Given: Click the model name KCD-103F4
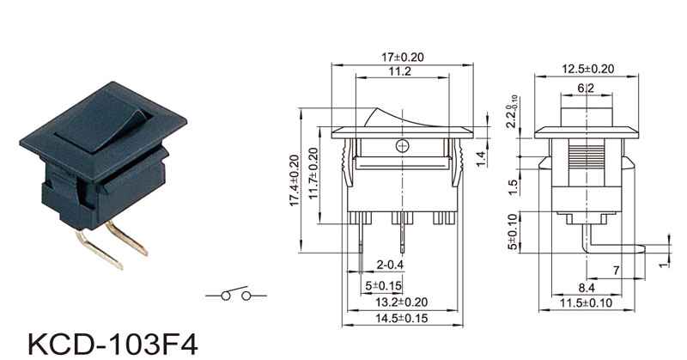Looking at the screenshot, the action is tap(113, 345).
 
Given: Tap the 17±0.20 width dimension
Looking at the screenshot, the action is tap(403, 58).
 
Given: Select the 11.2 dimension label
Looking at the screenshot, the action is tap(399, 71).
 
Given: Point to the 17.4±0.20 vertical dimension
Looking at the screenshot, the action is tap(295, 180).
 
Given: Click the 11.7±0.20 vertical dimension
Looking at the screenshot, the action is tap(313, 174).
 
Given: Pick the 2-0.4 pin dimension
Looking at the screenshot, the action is tap(390, 265).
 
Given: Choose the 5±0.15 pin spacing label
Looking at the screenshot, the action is tap(383, 286).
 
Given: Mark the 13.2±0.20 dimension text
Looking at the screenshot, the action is tap(402, 302).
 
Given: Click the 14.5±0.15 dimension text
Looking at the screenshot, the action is tap(401, 319).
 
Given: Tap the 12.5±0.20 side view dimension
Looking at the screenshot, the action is tap(588, 69).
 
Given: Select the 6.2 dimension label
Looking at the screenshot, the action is tap(586, 88).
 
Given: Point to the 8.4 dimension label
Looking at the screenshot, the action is tap(587, 288).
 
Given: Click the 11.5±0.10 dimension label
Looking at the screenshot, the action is tap(587, 303).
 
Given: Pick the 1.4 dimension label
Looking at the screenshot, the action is tap(481, 159).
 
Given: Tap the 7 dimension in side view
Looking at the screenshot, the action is tap(616, 271).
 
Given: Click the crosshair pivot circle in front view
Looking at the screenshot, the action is tap(402, 146).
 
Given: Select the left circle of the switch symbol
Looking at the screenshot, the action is tap(226, 296).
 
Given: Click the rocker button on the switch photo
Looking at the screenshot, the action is tap(104, 124).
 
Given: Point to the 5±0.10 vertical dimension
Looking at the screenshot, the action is tap(513, 232).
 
